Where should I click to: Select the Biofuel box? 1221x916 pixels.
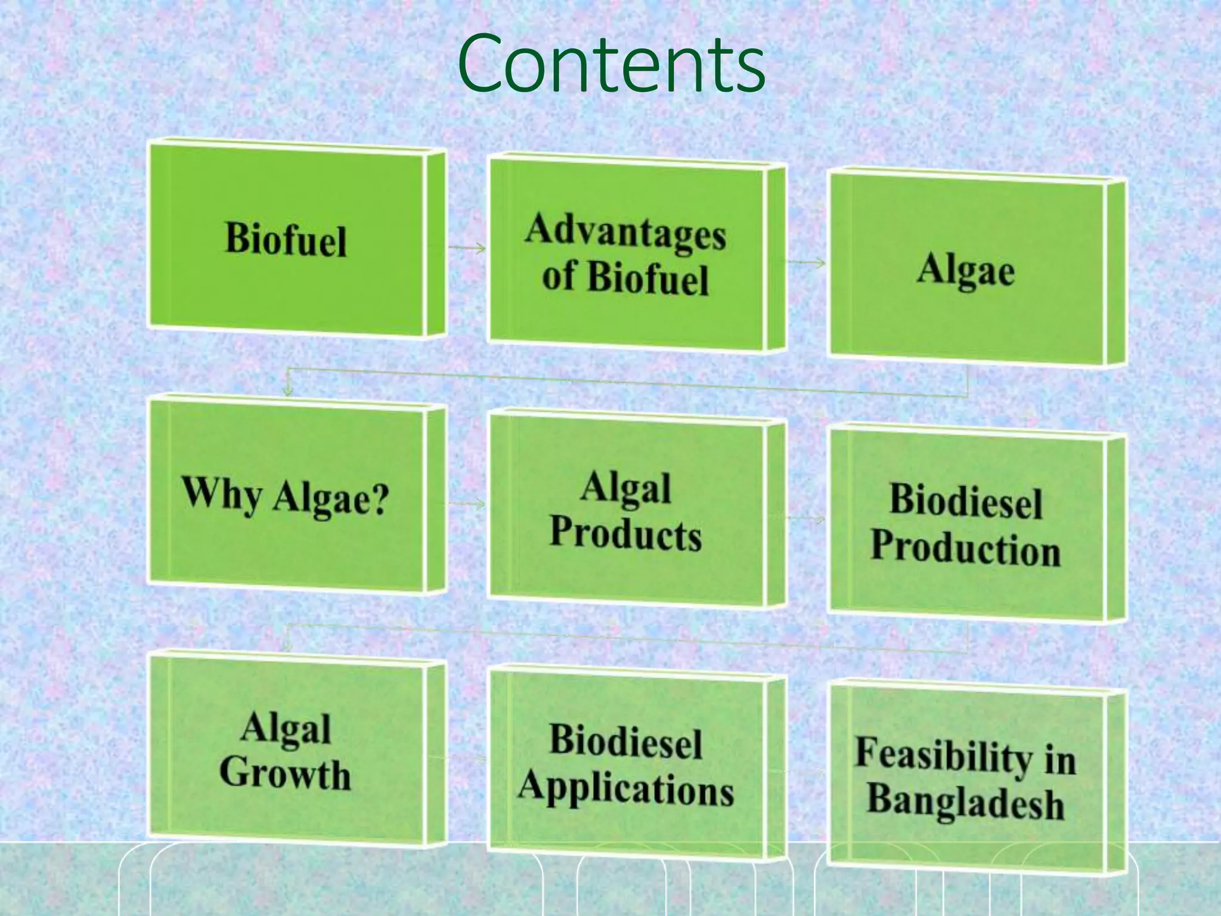click(x=286, y=239)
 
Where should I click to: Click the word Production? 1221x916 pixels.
click(x=966, y=548)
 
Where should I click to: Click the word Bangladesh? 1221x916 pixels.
click(x=966, y=801)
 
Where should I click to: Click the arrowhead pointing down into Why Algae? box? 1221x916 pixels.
click(x=288, y=391)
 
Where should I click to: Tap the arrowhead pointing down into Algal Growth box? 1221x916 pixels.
click(x=288, y=647)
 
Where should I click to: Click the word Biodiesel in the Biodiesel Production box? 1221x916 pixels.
click(x=966, y=500)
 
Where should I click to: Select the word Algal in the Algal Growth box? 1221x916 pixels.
click(x=286, y=729)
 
